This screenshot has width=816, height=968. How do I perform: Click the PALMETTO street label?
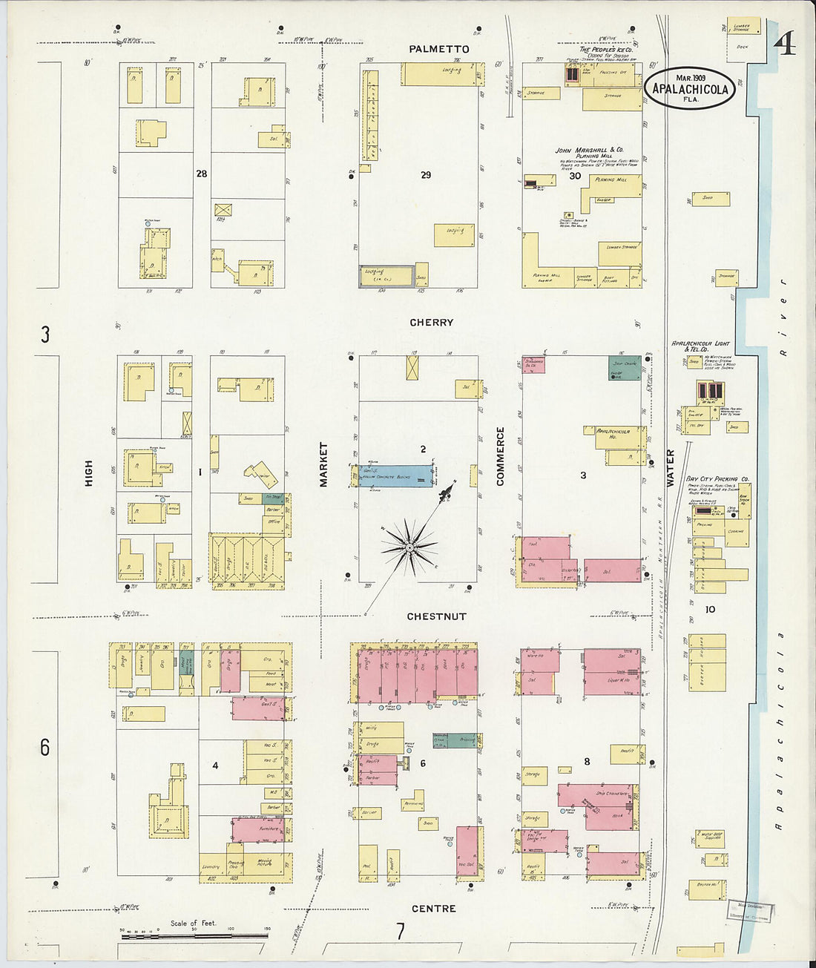[x=438, y=49]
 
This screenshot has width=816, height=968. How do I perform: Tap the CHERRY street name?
[x=431, y=323]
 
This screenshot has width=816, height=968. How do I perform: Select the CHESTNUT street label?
[x=436, y=616]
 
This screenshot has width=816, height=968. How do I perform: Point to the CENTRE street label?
[x=433, y=908]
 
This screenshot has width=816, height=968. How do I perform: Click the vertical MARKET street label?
[x=323, y=465]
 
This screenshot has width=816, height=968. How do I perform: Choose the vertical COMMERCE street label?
[x=500, y=456]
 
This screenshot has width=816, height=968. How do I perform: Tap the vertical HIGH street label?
[x=89, y=473]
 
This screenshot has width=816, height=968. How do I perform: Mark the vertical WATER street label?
[x=670, y=468]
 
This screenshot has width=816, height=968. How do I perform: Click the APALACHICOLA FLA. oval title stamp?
[x=690, y=88]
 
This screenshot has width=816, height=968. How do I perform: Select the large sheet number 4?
[x=785, y=45]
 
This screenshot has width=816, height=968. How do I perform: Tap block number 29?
[x=425, y=175]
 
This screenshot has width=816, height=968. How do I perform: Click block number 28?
[x=201, y=174]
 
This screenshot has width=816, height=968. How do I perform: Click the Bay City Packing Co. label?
[x=717, y=479]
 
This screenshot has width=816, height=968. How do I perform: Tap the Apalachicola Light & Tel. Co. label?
[x=700, y=346]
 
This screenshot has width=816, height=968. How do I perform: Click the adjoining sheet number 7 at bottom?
[x=400, y=931]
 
